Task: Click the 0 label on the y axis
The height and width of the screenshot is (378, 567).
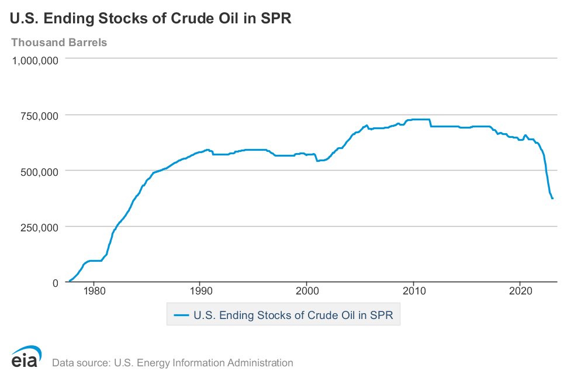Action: click(56, 283)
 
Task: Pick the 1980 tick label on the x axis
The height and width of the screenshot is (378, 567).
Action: click(94, 291)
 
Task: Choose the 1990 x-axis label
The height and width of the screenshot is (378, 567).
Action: click(200, 291)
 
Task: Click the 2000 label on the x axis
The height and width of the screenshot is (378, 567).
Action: click(307, 291)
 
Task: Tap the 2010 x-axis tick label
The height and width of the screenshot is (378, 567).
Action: click(414, 291)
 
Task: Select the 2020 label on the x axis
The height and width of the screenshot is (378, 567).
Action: click(521, 291)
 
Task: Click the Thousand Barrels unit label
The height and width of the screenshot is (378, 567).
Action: click(59, 43)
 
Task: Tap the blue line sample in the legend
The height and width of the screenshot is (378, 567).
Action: click(181, 315)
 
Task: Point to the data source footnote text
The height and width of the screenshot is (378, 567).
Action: click(172, 363)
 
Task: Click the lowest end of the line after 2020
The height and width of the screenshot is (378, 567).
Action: click(552, 199)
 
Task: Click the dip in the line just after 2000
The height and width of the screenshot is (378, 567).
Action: click(317, 160)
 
